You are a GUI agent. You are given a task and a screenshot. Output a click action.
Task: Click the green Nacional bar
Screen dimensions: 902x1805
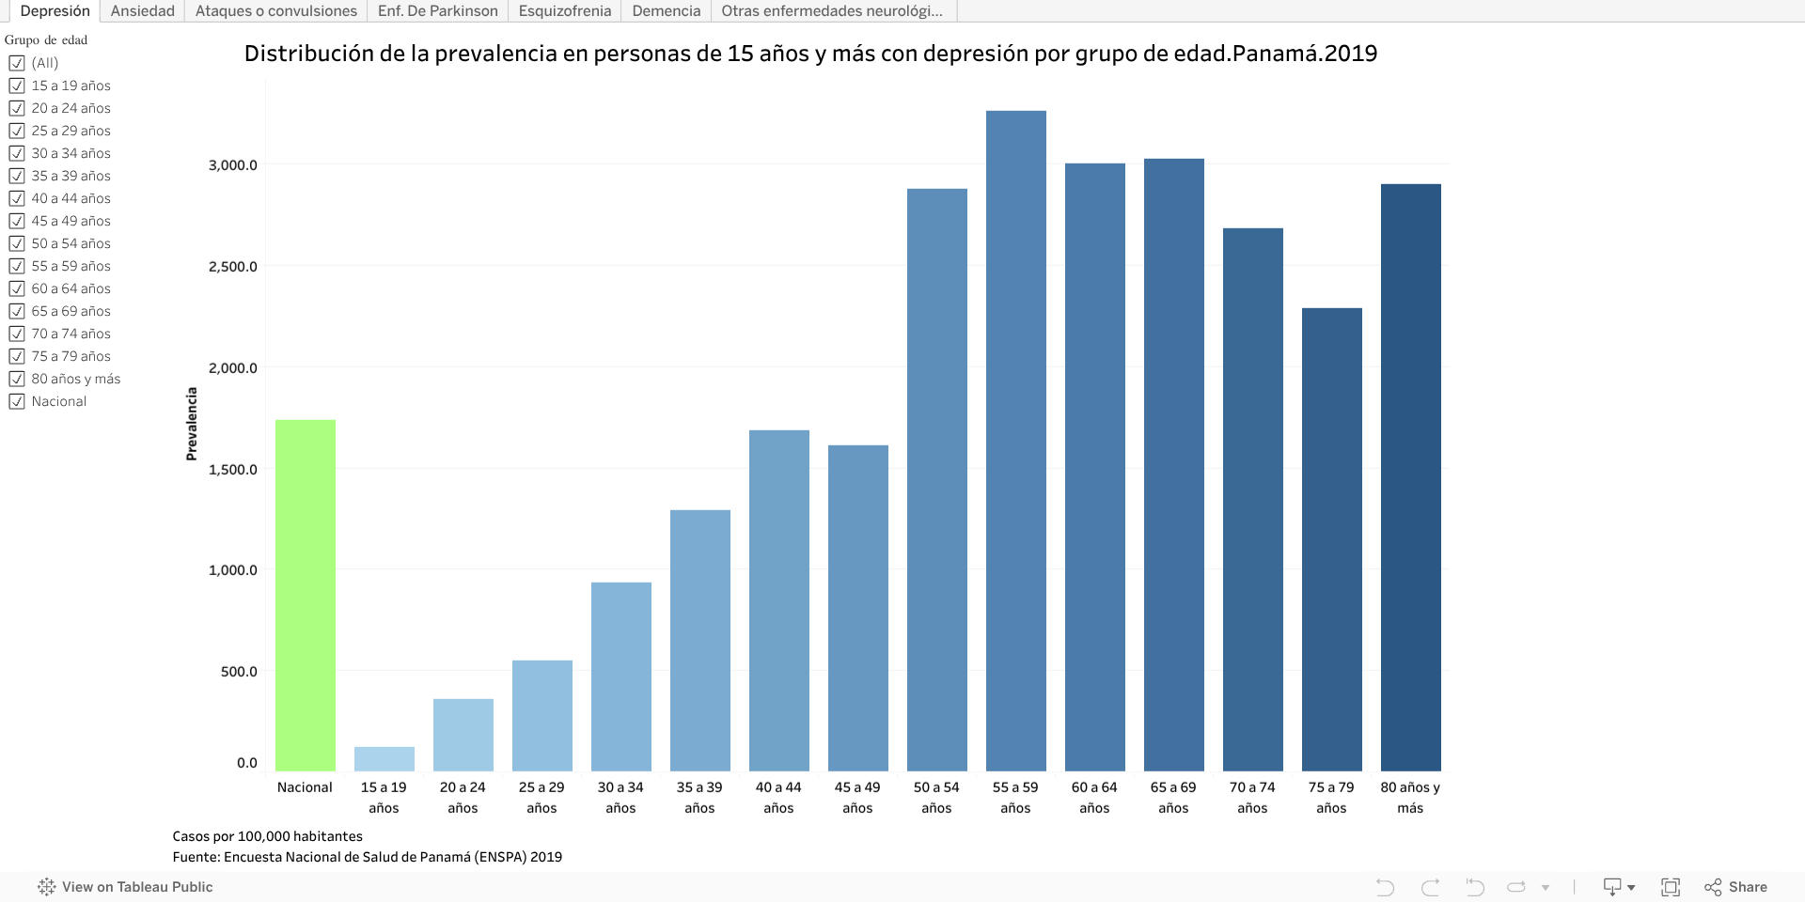306,596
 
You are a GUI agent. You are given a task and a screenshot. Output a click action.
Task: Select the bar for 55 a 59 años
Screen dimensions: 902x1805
1015,441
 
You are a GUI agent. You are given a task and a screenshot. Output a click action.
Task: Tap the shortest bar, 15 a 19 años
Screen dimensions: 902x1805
385,759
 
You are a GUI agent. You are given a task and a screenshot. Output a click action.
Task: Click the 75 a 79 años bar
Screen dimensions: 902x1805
1331,539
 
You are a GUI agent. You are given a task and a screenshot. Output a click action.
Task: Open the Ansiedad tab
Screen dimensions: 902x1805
143,11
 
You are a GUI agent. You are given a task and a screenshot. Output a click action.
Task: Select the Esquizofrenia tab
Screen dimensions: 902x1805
564,11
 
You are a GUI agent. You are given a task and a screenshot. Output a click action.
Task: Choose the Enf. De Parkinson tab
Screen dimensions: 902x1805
437,11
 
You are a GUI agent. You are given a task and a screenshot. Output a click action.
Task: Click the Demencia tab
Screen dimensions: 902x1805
666,11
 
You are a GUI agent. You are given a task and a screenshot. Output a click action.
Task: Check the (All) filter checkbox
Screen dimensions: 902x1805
17,63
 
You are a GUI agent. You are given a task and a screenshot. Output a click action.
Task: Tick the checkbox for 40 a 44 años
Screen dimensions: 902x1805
17,198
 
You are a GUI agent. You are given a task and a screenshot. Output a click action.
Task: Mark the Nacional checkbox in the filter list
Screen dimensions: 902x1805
17,401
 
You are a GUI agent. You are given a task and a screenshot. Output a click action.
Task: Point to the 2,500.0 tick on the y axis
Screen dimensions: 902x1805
232,267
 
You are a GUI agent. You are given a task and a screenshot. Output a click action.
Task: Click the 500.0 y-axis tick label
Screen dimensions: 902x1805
239,672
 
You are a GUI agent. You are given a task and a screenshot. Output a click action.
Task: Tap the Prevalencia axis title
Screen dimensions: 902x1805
192,424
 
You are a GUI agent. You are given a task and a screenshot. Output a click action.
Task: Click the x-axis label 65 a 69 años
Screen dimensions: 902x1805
1173,797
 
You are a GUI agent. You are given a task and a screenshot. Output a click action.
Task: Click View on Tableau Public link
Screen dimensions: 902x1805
136,887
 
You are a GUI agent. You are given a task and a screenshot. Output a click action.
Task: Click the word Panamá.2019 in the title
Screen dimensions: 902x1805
1304,54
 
